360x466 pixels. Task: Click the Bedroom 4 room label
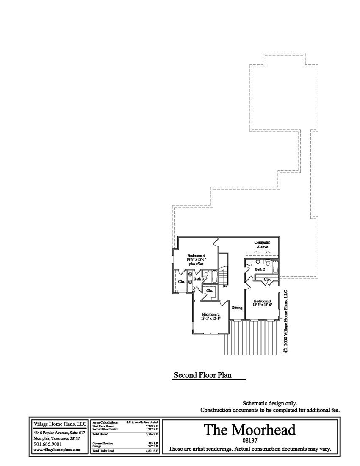tap(196, 256)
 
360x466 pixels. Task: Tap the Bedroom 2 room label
tap(210, 314)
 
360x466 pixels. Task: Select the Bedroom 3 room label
tap(263, 301)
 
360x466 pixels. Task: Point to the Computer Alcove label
tap(262, 244)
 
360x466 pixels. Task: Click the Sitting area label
tap(237, 308)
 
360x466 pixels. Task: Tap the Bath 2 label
tap(260, 269)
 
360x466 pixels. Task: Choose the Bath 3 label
tap(199, 279)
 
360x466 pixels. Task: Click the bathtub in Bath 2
tap(274, 268)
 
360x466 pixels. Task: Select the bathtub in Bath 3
tap(214, 278)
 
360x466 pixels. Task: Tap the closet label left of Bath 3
tap(181, 282)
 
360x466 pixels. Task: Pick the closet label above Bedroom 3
tap(267, 280)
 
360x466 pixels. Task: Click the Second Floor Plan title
tap(203, 375)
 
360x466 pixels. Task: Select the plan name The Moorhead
tap(249, 430)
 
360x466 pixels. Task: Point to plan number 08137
tap(249, 441)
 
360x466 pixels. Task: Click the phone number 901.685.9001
tap(47, 444)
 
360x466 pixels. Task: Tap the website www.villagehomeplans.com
tap(56, 450)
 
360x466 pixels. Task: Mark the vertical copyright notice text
tap(285, 322)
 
